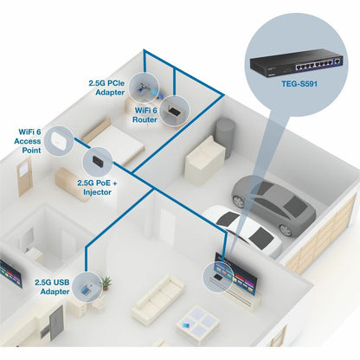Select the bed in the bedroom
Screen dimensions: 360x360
[x=117, y=139]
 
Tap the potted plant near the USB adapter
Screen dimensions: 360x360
[x=106, y=283]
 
